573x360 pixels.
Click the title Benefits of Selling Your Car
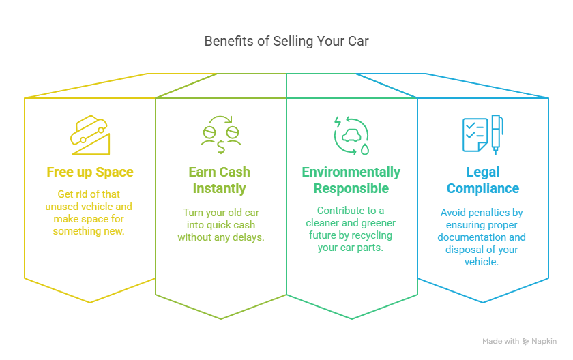coord(286,42)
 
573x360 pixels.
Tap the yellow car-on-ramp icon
coord(90,135)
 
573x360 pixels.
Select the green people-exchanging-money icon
coord(221,135)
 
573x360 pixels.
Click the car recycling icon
coord(351,136)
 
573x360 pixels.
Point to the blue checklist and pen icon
coord(483,135)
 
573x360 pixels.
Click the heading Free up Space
coord(90,172)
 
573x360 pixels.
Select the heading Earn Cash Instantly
coord(219,180)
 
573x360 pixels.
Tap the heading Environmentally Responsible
coord(351,180)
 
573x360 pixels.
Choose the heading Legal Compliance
coord(483,180)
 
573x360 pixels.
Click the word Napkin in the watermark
coord(544,341)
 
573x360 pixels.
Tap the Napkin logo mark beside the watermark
coord(525,342)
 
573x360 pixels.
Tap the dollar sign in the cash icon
coord(221,147)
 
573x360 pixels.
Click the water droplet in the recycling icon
coord(365,149)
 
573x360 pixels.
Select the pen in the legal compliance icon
coord(497,135)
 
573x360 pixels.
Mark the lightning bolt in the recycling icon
coord(338,121)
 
